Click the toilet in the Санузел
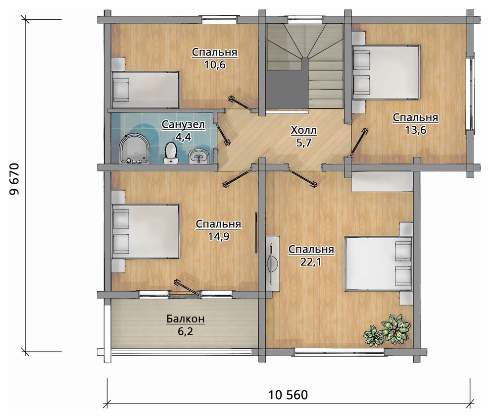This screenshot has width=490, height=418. (171, 153)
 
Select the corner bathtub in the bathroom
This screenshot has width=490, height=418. (134, 149)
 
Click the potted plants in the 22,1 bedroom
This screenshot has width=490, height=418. (387, 330)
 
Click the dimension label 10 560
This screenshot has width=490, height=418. (288, 395)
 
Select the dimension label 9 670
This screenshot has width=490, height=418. (14, 179)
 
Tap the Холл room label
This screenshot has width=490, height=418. (303, 130)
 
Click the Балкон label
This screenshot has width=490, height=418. (186, 319)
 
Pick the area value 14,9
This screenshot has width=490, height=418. (218, 237)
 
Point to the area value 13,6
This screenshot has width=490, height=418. (415, 130)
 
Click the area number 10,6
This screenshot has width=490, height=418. (215, 65)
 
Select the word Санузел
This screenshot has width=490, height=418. (183, 124)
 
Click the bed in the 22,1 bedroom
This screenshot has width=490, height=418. (379, 264)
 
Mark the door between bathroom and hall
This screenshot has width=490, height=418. (223, 133)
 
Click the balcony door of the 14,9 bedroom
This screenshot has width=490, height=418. (187, 287)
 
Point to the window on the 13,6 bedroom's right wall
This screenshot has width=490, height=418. (470, 93)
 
